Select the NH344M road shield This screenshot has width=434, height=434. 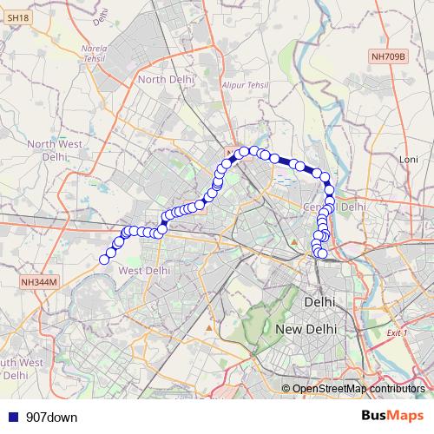tap(39, 283)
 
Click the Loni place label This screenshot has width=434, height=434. tap(407, 160)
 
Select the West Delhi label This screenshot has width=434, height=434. tap(144, 271)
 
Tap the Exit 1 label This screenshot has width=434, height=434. tap(398, 332)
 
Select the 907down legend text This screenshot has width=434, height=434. tap(51, 418)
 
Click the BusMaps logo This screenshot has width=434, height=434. tap(392, 417)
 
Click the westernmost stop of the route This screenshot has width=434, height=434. tap(104, 259)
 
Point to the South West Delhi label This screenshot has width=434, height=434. tap(19, 368)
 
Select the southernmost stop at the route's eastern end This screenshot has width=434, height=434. tap(322, 253)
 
